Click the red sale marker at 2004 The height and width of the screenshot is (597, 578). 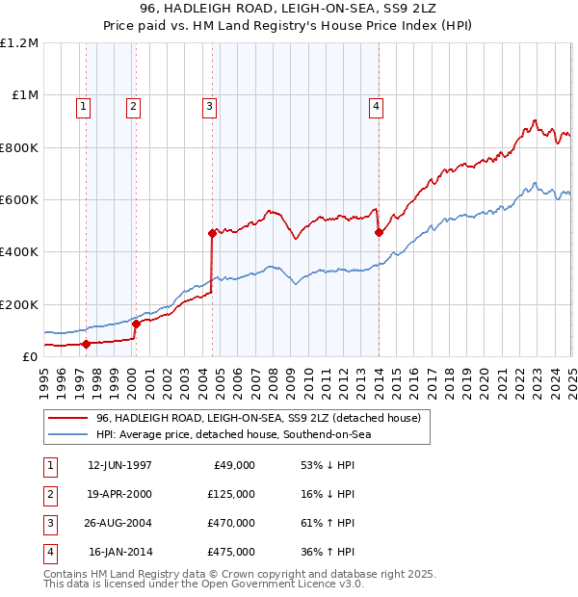point(212,233)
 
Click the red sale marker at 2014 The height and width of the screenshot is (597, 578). point(379,232)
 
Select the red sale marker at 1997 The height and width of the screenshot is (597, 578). point(86,344)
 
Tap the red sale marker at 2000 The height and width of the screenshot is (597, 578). point(136,324)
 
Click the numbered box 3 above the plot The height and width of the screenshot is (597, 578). point(209,107)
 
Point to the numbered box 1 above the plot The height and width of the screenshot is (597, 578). point(84,107)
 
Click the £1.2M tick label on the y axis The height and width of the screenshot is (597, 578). point(19,43)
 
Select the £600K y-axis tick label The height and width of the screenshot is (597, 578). point(19,200)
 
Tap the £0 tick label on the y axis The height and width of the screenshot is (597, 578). point(29,357)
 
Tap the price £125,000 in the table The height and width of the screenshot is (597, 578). point(231,494)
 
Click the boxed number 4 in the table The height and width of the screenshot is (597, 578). point(48,553)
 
